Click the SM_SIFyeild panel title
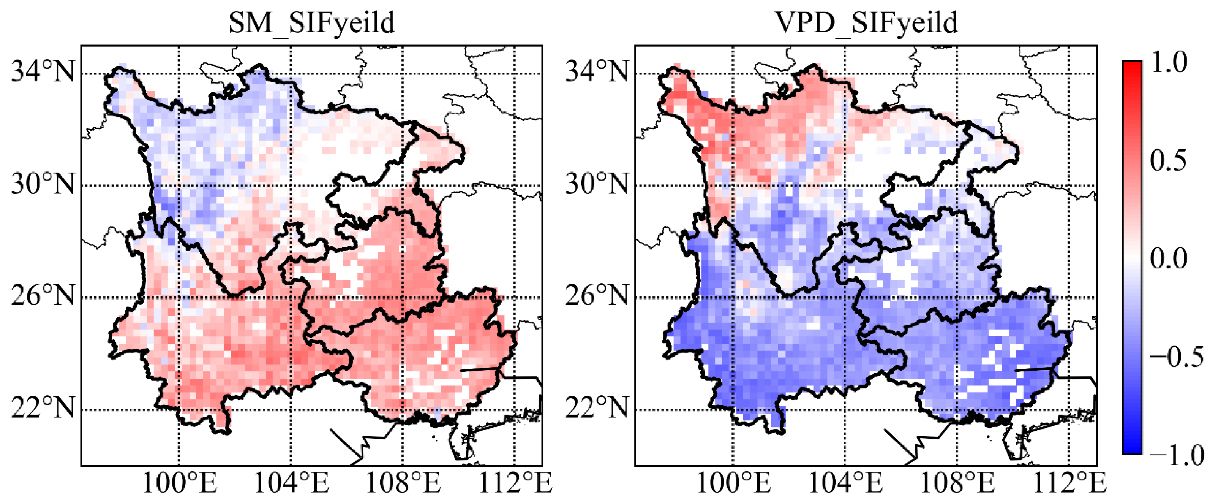pos(312,22)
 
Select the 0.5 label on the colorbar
pos(1168,161)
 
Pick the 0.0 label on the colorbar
pos(1168,258)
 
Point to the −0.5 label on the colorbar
pos(1176,357)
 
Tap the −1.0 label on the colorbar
pos(1176,455)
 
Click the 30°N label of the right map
pos(597,184)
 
